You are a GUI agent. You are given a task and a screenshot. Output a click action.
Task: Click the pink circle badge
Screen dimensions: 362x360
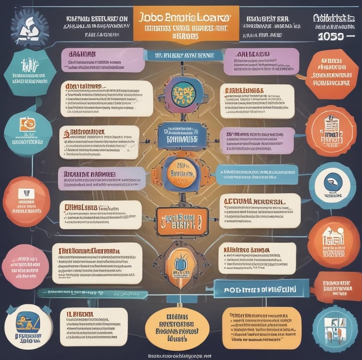pos(25,267)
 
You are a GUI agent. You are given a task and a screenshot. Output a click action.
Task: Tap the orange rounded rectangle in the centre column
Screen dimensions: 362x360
pos(181,221)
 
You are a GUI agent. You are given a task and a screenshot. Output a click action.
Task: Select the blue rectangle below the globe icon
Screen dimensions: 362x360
pos(181,134)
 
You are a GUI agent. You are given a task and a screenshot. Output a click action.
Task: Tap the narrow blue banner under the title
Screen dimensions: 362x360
pos(181,55)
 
